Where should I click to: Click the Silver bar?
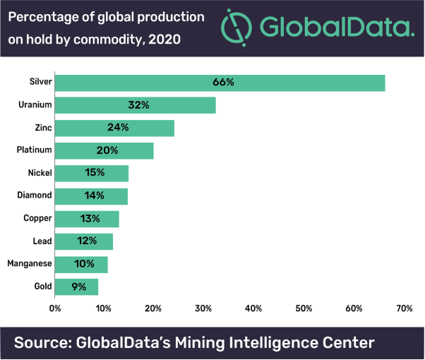tap(220, 83)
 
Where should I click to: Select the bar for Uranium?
tap(135, 105)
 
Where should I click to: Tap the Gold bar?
tap(76, 287)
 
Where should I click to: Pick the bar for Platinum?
tap(104, 150)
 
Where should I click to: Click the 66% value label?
tap(223, 83)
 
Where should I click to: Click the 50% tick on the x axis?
tap(304, 308)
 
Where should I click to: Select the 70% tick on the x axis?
tap(404, 308)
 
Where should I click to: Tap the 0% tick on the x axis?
tap(55, 308)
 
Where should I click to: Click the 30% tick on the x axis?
tap(204, 308)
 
